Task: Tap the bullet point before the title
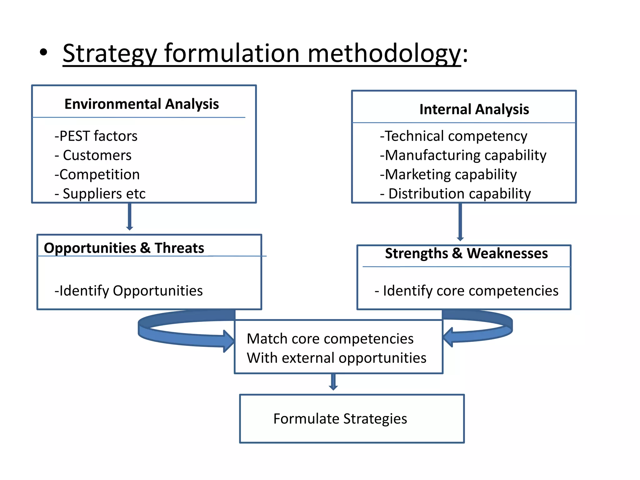(x=44, y=52)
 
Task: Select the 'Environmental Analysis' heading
(x=142, y=104)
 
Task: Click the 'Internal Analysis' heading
(x=474, y=109)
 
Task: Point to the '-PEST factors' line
(x=96, y=136)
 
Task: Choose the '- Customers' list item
(x=93, y=155)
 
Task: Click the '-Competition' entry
(x=97, y=174)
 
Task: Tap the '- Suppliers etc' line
(x=100, y=194)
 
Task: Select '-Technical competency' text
(x=453, y=136)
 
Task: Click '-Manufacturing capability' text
(x=463, y=155)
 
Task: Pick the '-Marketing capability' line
(x=448, y=174)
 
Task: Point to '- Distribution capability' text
(x=455, y=194)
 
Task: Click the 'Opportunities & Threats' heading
(x=124, y=248)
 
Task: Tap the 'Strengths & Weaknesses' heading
(x=466, y=253)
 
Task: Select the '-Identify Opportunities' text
(x=129, y=291)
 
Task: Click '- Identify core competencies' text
(x=466, y=291)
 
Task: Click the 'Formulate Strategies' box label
(x=340, y=419)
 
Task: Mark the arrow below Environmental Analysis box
(x=130, y=217)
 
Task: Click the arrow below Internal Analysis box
(x=460, y=222)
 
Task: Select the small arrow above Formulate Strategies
(x=333, y=382)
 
